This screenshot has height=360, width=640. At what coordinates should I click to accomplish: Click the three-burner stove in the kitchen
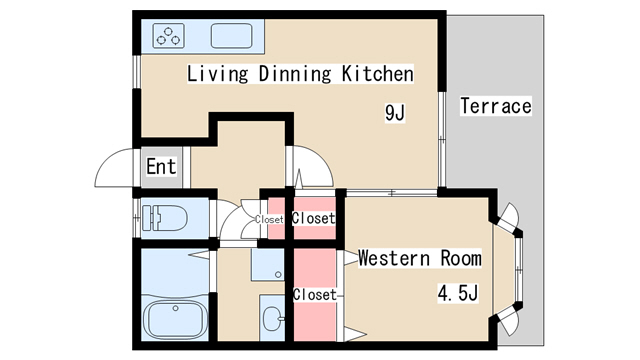(x=168, y=35)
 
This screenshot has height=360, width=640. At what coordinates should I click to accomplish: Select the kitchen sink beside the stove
(x=231, y=35)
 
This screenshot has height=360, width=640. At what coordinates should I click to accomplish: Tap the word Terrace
(x=496, y=106)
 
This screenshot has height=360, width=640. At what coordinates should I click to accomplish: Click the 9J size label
(x=395, y=113)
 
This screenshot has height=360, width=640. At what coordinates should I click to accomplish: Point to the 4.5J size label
(x=458, y=293)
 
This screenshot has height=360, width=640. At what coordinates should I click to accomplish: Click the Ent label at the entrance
(x=161, y=167)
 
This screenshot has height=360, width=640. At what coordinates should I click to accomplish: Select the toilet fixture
(x=164, y=218)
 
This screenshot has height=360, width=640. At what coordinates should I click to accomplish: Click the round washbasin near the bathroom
(x=271, y=318)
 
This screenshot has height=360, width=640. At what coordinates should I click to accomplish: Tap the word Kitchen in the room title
(x=378, y=73)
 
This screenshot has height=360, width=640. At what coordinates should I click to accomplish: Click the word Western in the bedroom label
(x=394, y=258)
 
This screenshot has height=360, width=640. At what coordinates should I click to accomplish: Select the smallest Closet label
(x=269, y=220)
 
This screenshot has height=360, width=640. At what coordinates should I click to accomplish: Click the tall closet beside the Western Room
(x=315, y=295)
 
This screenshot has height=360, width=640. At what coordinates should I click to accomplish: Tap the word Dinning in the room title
(x=295, y=74)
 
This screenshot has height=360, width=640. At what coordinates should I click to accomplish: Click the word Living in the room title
(x=218, y=74)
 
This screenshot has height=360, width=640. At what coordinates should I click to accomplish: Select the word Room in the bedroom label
(x=461, y=258)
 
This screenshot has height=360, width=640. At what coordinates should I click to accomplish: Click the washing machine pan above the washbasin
(x=268, y=264)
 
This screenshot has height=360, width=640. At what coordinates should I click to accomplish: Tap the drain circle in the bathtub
(x=176, y=308)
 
